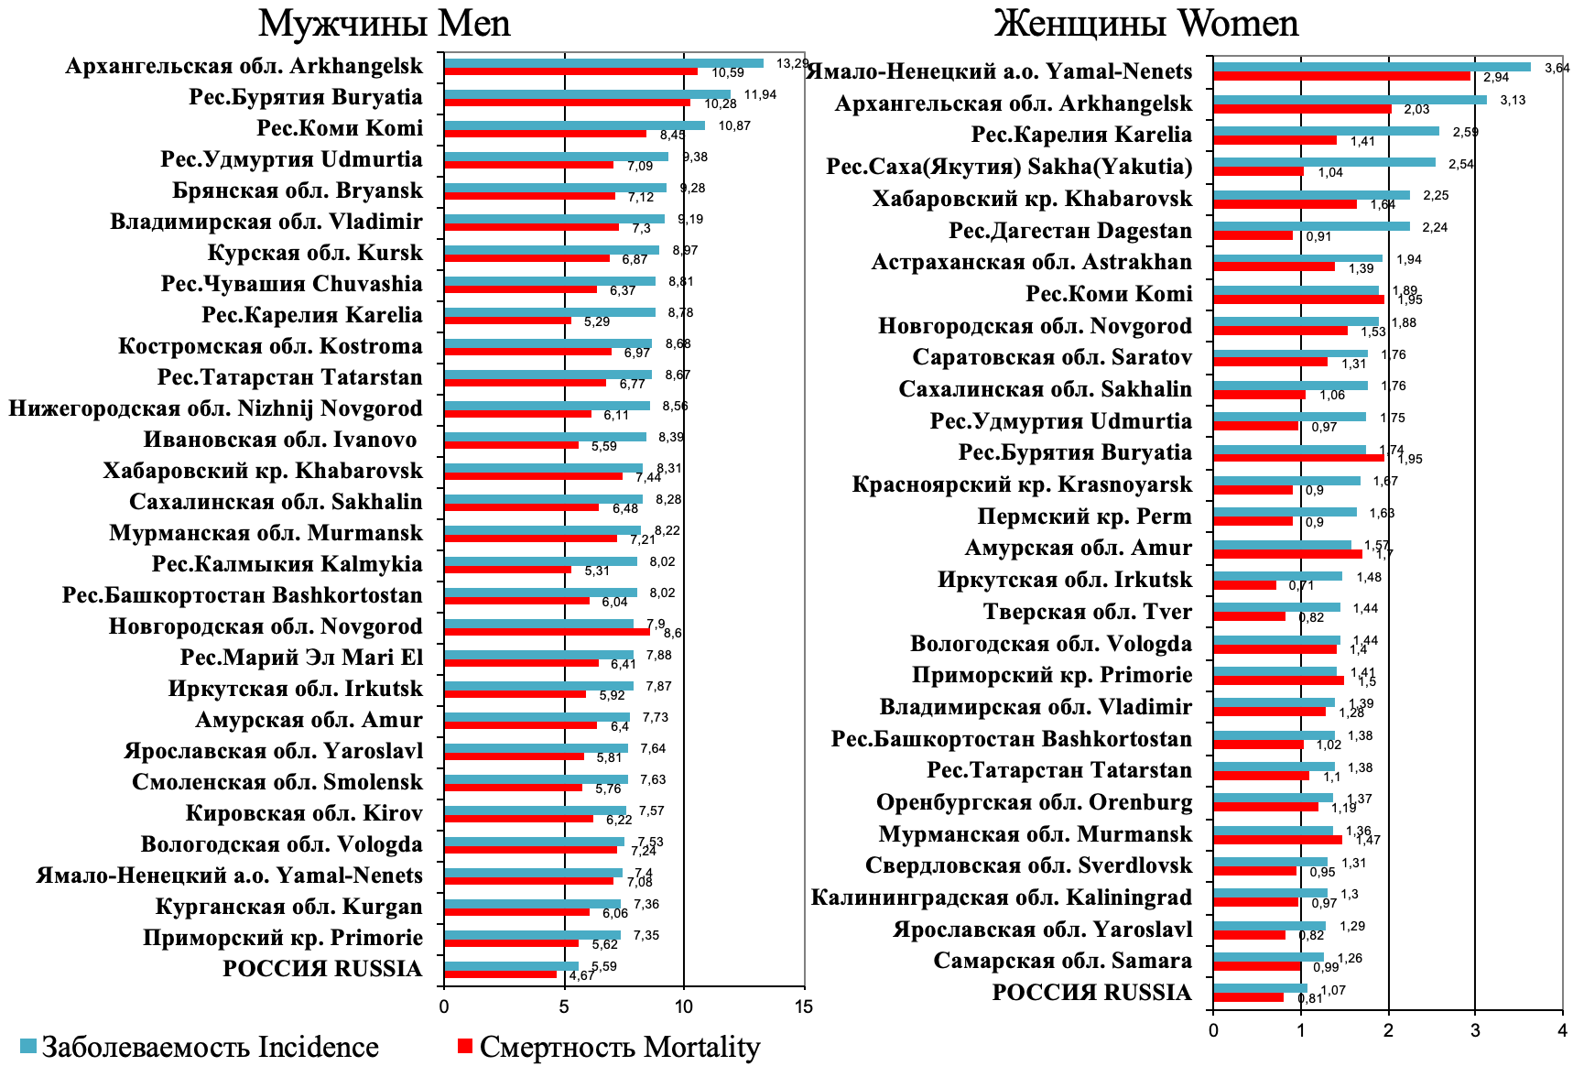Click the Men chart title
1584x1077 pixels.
[384, 23]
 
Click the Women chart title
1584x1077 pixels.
[1145, 23]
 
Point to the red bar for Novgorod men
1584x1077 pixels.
[547, 632]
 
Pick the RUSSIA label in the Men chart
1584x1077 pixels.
[322, 969]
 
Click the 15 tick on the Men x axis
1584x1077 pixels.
[803, 1006]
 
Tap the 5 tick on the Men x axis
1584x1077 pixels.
[564, 1006]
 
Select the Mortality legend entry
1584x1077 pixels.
[608, 1047]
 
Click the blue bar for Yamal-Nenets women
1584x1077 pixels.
[1371, 67]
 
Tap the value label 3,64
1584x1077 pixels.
[1557, 67]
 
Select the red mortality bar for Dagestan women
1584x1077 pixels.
[1252, 235]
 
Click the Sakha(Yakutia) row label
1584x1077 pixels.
[1009, 167]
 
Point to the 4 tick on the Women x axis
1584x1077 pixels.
[1562, 1030]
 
